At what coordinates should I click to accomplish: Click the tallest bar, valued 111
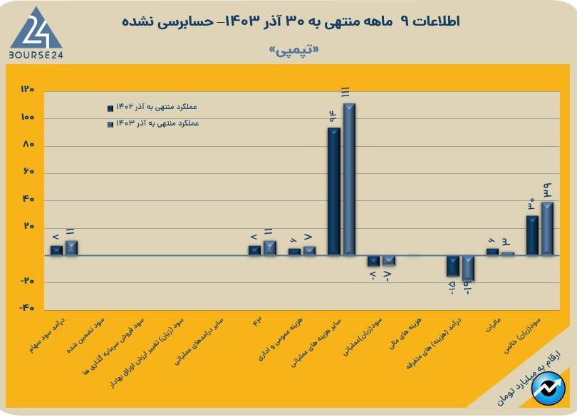pos(349,179)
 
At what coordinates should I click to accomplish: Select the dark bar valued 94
pos(333,191)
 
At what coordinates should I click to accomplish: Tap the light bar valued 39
pos(547,228)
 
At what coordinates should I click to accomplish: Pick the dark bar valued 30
pos(531,235)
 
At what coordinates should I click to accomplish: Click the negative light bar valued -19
pos(468,268)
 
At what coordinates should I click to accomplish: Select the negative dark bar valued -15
pos(452,266)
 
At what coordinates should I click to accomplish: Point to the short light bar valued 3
pos(507,253)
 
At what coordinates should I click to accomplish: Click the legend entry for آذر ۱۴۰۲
pos(152,108)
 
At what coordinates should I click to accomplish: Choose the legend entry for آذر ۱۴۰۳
pos(152,123)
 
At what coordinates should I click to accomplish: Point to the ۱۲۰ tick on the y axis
pos(28,90)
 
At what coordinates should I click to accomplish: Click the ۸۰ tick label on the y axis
pos(28,145)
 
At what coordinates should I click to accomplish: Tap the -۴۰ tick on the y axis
pos(28,309)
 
